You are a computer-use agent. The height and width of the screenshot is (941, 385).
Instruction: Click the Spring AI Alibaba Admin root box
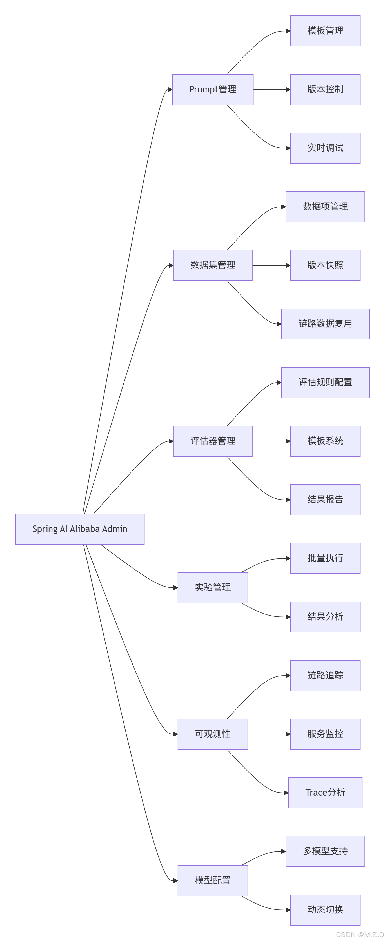click(x=80, y=529)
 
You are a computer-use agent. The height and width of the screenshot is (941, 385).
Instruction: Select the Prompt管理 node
click(x=213, y=90)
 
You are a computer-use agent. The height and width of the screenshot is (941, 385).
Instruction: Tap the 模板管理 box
click(x=325, y=31)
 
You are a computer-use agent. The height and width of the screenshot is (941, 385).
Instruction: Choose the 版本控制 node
click(x=325, y=90)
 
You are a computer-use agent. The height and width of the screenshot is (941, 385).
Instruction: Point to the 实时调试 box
click(x=325, y=148)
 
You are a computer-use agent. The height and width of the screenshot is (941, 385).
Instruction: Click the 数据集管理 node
click(x=213, y=265)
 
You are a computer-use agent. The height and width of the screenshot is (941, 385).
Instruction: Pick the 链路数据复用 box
click(x=325, y=324)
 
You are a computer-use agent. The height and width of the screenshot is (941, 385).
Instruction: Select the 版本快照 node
click(x=325, y=265)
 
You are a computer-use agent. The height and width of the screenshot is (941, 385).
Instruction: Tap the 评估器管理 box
click(x=213, y=441)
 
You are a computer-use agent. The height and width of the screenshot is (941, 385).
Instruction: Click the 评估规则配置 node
click(x=325, y=383)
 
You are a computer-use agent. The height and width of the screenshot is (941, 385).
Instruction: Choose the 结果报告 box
click(x=325, y=500)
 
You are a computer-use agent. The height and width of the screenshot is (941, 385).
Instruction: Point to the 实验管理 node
click(x=213, y=587)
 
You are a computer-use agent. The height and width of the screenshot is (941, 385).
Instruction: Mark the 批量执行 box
click(x=325, y=558)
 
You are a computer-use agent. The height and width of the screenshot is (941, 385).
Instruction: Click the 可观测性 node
click(x=213, y=734)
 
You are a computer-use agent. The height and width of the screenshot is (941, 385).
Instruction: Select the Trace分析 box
click(x=325, y=793)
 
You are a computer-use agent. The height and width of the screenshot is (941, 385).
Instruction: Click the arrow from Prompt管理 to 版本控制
click(x=272, y=90)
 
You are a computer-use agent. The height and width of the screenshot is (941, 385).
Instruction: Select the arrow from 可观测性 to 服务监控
click(x=269, y=734)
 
